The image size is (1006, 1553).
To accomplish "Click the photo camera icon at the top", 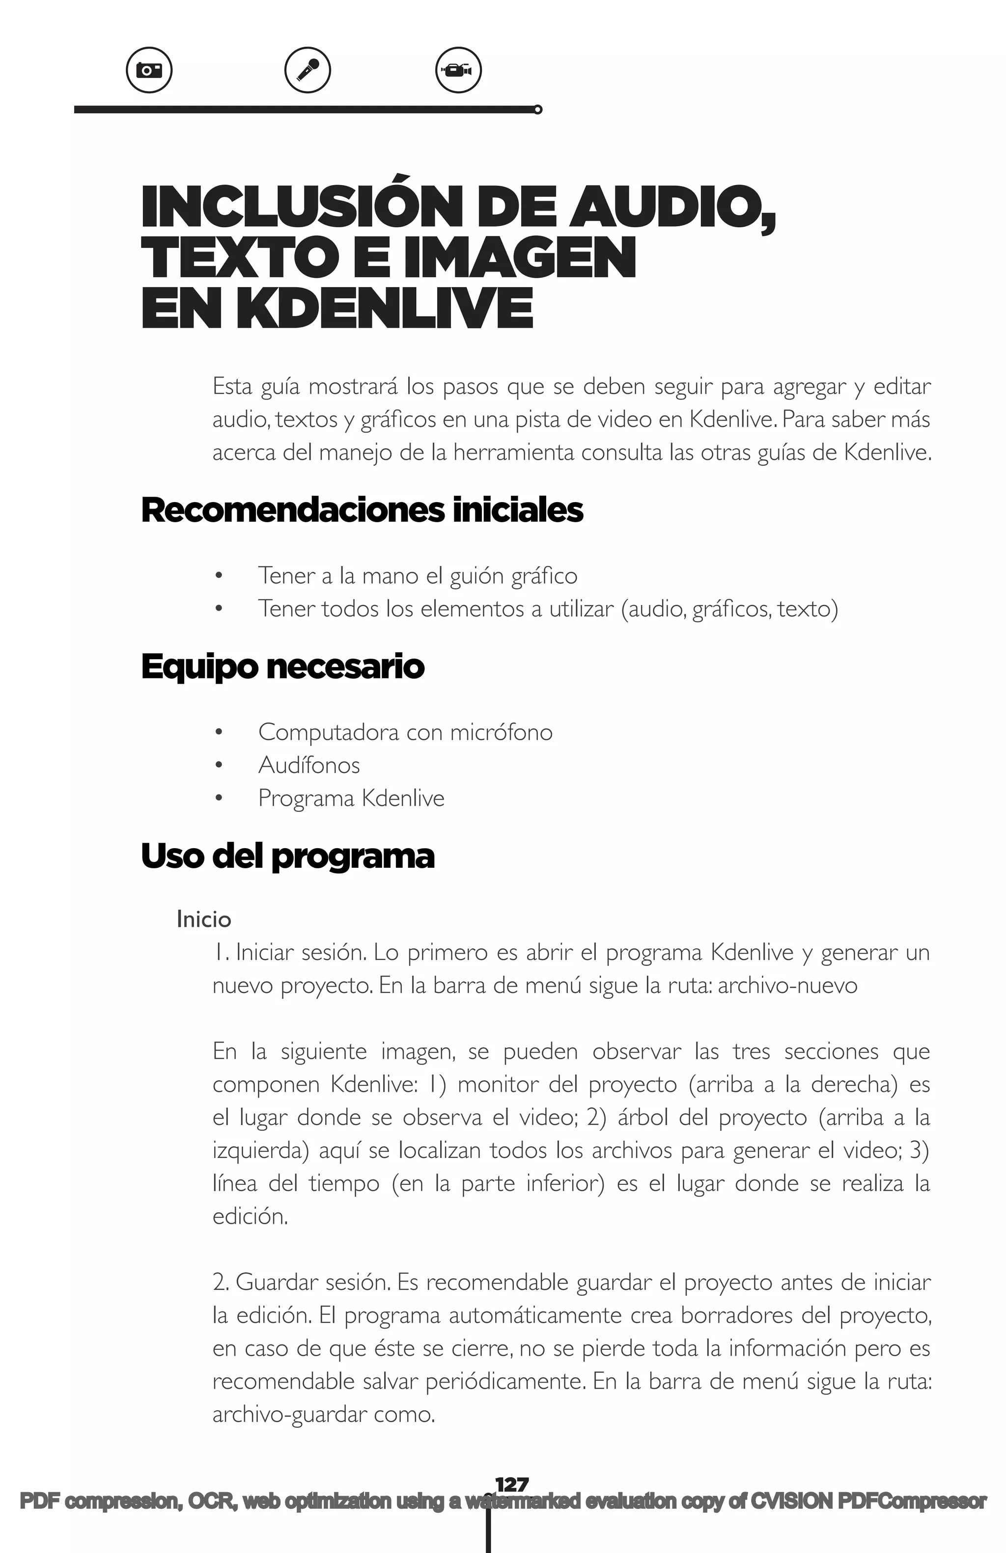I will [x=149, y=70].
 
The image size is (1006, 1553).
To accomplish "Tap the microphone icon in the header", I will [x=307, y=70].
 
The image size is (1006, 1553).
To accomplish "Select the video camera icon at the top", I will [x=458, y=70].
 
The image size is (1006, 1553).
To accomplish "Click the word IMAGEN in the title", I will [x=519, y=258].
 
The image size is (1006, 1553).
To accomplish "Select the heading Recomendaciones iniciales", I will [x=362, y=510].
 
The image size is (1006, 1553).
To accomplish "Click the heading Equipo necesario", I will [x=282, y=667].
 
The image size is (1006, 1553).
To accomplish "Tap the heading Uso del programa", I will [x=287, y=856].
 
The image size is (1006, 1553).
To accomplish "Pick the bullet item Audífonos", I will [x=309, y=765].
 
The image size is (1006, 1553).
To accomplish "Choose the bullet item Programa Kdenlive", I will [x=351, y=798].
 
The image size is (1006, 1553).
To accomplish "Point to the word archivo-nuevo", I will [x=787, y=985].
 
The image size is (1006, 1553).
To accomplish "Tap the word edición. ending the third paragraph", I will [x=250, y=1216].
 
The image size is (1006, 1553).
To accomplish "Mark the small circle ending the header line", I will [x=537, y=109].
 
